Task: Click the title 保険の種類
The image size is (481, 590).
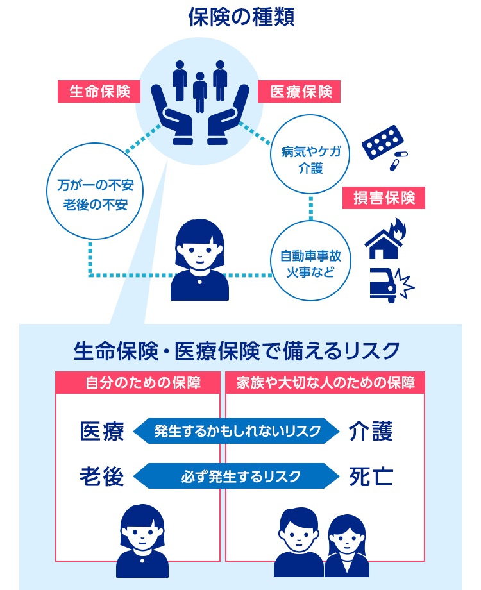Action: click(241, 17)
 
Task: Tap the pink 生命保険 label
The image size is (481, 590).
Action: click(99, 92)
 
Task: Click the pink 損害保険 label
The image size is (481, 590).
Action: click(384, 198)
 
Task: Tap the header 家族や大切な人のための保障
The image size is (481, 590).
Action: click(325, 383)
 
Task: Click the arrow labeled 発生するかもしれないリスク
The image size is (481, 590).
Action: click(237, 431)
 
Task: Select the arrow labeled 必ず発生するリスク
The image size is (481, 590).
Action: click(237, 476)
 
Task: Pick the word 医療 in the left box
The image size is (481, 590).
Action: click(101, 431)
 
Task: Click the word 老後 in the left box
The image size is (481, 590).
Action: click(101, 476)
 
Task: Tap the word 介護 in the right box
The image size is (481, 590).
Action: click(371, 431)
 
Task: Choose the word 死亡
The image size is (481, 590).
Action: click(371, 476)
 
